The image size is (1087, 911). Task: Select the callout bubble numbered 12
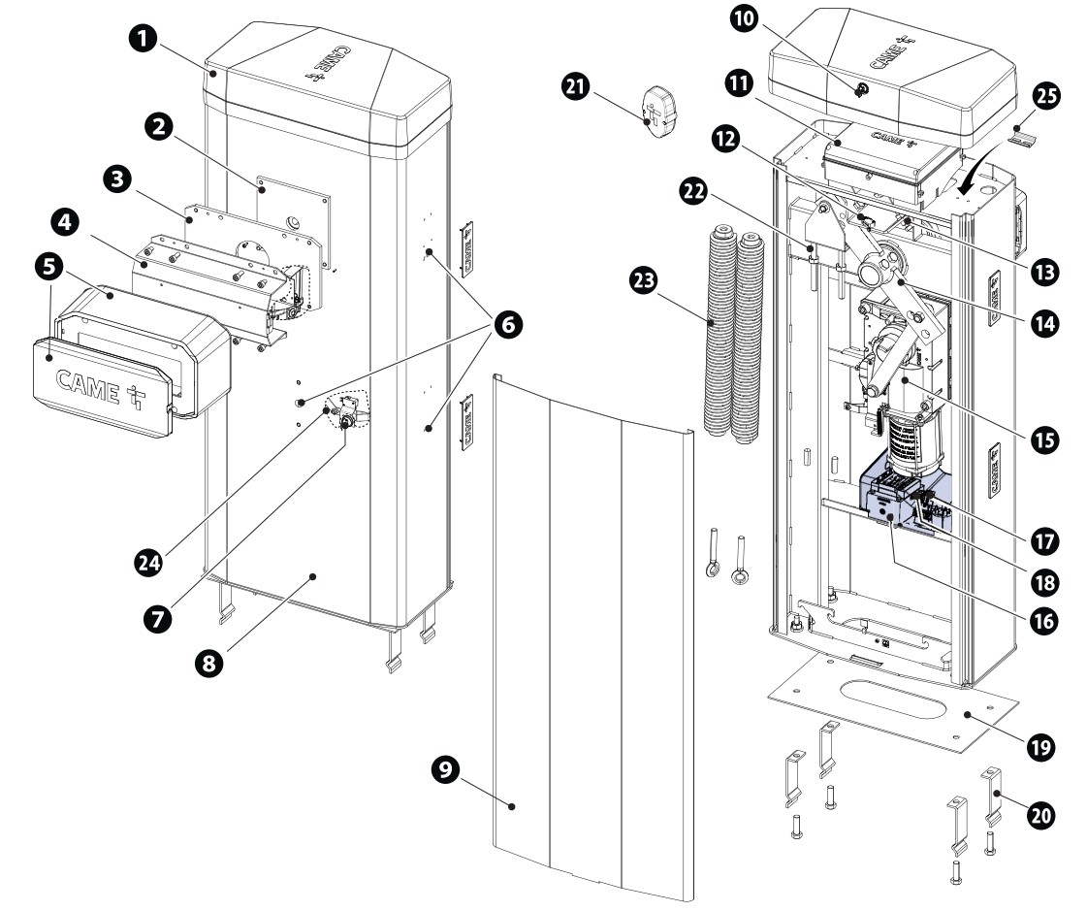[x=722, y=138]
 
